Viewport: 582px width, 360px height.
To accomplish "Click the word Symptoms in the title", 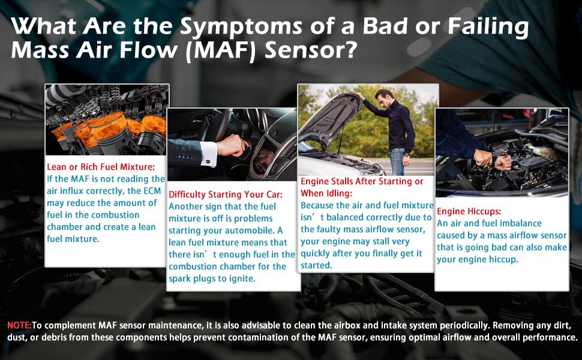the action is (x=241, y=27).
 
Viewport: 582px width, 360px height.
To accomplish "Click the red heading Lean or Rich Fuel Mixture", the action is (x=101, y=167).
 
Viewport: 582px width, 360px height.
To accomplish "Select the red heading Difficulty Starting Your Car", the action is (x=226, y=194).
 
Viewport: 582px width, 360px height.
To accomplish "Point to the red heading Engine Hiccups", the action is (x=469, y=212).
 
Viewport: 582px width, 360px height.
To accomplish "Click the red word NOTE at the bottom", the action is (x=19, y=325).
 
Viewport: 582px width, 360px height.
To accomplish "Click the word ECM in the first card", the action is (x=152, y=191).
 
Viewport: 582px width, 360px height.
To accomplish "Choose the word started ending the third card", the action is (x=316, y=265).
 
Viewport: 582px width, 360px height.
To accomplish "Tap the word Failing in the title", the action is (x=488, y=28).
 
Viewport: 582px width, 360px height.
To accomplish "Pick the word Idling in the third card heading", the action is (x=339, y=193).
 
